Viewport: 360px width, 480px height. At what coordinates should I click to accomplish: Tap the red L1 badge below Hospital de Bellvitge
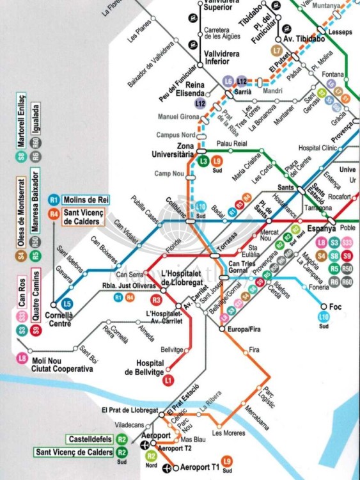pyautogui.click(x=169, y=381)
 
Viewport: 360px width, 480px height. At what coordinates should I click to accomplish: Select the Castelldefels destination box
pyautogui.click(x=88, y=439)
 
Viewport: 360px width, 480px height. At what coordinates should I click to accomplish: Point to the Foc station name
pyautogui.click(x=335, y=307)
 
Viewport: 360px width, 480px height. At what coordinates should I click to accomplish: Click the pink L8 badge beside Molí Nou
pyautogui.click(x=22, y=359)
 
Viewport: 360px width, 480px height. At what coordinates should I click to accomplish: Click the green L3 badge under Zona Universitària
pyautogui.click(x=204, y=161)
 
